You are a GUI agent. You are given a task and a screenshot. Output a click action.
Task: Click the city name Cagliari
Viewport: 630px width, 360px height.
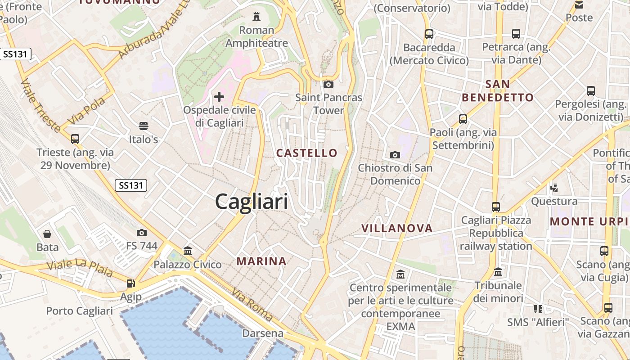[x=252, y=201]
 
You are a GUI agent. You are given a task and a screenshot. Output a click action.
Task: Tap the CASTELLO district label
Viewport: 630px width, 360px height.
[x=306, y=153]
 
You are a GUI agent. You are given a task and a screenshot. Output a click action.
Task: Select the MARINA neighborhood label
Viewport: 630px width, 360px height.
[x=261, y=261]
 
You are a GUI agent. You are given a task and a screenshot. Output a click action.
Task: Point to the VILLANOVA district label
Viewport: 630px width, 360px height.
[x=397, y=228]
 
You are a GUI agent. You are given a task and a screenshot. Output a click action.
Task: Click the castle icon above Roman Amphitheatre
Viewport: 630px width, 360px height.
[x=256, y=17]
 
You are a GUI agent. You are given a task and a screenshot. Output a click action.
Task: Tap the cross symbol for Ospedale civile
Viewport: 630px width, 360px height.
[x=219, y=96]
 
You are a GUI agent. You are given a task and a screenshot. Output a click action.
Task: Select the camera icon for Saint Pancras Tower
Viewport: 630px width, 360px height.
[x=328, y=84]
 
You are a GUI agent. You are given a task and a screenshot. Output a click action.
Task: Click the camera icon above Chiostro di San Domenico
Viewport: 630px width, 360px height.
[x=395, y=155]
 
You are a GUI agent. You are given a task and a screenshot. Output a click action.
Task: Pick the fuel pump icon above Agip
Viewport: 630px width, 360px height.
[x=130, y=283]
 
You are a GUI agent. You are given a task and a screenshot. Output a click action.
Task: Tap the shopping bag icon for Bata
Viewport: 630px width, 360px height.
[x=47, y=234]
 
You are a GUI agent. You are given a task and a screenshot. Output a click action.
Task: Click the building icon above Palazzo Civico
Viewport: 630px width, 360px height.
[x=188, y=251]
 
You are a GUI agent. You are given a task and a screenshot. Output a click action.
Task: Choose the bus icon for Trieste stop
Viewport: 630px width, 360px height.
[x=75, y=139]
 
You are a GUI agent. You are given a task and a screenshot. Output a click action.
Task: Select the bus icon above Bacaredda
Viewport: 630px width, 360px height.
[x=429, y=34]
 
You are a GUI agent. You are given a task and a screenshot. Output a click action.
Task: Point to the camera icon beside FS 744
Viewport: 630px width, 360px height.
[x=142, y=233]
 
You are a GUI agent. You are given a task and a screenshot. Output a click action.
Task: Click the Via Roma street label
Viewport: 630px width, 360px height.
[x=252, y=305]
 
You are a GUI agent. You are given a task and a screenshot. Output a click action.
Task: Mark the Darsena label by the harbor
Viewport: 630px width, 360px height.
[x=263, y=333]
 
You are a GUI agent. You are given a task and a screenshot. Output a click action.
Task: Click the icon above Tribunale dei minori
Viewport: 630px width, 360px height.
[x=498, y=272]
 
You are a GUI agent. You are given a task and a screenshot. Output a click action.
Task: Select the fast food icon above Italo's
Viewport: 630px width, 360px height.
[x=144, y=126]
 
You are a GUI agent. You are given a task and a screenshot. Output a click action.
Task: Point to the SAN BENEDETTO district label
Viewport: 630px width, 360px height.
[x=498, y=91]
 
